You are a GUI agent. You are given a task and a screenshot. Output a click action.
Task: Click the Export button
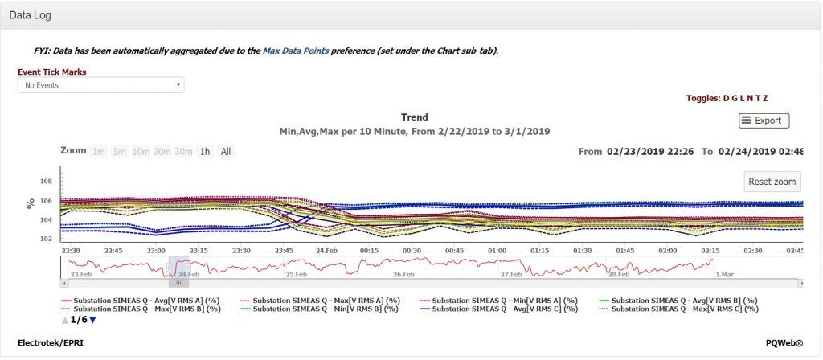[764, 121]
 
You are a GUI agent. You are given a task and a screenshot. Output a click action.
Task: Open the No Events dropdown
[100, 84]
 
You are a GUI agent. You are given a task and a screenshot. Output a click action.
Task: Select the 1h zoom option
[205, 151]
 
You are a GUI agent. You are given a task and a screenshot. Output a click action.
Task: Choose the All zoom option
[226, 151]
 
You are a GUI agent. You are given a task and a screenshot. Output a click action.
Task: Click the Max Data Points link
[290, 51]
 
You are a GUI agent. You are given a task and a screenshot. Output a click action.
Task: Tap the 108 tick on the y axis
[45, 182]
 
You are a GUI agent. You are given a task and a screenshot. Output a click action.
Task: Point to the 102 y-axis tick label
[45, 239]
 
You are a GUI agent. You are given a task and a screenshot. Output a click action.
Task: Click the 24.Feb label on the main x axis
[326, 250]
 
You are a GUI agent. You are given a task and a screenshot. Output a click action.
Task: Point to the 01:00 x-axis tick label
[497, 250]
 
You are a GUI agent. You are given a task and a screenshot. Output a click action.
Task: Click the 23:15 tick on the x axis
[199, 250]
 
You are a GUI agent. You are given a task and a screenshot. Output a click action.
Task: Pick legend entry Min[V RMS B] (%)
[325, 309]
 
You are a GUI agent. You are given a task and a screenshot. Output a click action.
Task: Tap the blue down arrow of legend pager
[92, 320]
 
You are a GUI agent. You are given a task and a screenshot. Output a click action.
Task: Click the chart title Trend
[414, 117]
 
